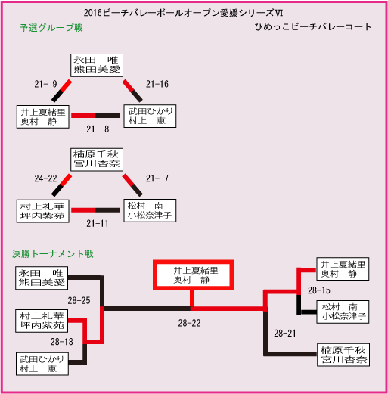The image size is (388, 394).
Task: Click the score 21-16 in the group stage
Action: [x=157, y=84]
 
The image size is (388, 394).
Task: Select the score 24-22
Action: [x=45, y=178]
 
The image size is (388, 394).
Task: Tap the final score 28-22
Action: [x=189, y=323]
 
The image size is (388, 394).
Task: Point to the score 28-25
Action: [x=79, y=300]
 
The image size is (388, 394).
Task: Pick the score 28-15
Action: [x=319, y=290]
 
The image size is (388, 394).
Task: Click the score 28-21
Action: [x=285, y=334]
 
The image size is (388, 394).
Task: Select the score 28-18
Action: [x=62, y=342]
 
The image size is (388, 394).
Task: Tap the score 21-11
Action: [x=98, y=223]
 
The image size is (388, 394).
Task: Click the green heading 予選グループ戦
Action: [x=51, y=28]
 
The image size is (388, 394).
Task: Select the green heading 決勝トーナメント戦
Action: [x=53, y=254]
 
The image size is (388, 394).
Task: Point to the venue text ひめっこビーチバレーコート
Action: [x=313, y=27]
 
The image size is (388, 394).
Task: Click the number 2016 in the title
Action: [x=93, y=13]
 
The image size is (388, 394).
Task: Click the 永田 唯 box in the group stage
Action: [x=97, y=65]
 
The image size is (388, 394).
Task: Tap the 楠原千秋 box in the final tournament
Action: [x=343, y=355]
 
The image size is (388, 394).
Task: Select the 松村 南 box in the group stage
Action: [x=150, y=210]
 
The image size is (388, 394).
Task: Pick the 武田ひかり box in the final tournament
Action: [x=42, y=364]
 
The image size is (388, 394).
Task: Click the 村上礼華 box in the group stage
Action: [x=43, y=211]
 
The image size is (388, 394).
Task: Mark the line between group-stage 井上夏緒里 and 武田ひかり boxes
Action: [x=95, y=116]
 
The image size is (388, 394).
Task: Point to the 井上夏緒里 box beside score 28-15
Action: [x=343, y=269]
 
